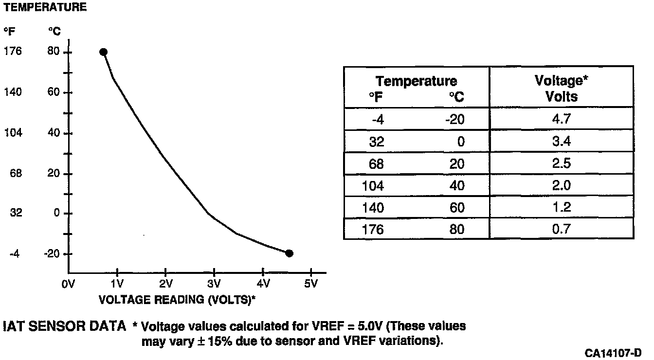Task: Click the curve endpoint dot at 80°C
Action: click(103, 52)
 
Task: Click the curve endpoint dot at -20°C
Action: click(289, 253)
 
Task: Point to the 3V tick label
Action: click(214, 284)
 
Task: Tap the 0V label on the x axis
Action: click(68, 284)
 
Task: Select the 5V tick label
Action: click(310, 284)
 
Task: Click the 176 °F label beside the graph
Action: click(13, 51)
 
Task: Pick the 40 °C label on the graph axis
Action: click(54, 133)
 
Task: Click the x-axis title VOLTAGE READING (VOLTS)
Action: click(177, 299)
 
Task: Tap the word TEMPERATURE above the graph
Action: click(45, 7)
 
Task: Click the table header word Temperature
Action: click(416, 81)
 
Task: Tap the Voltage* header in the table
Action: click(561, 81)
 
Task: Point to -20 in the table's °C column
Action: click(454, 119)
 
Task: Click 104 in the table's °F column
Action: click(373, 185)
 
